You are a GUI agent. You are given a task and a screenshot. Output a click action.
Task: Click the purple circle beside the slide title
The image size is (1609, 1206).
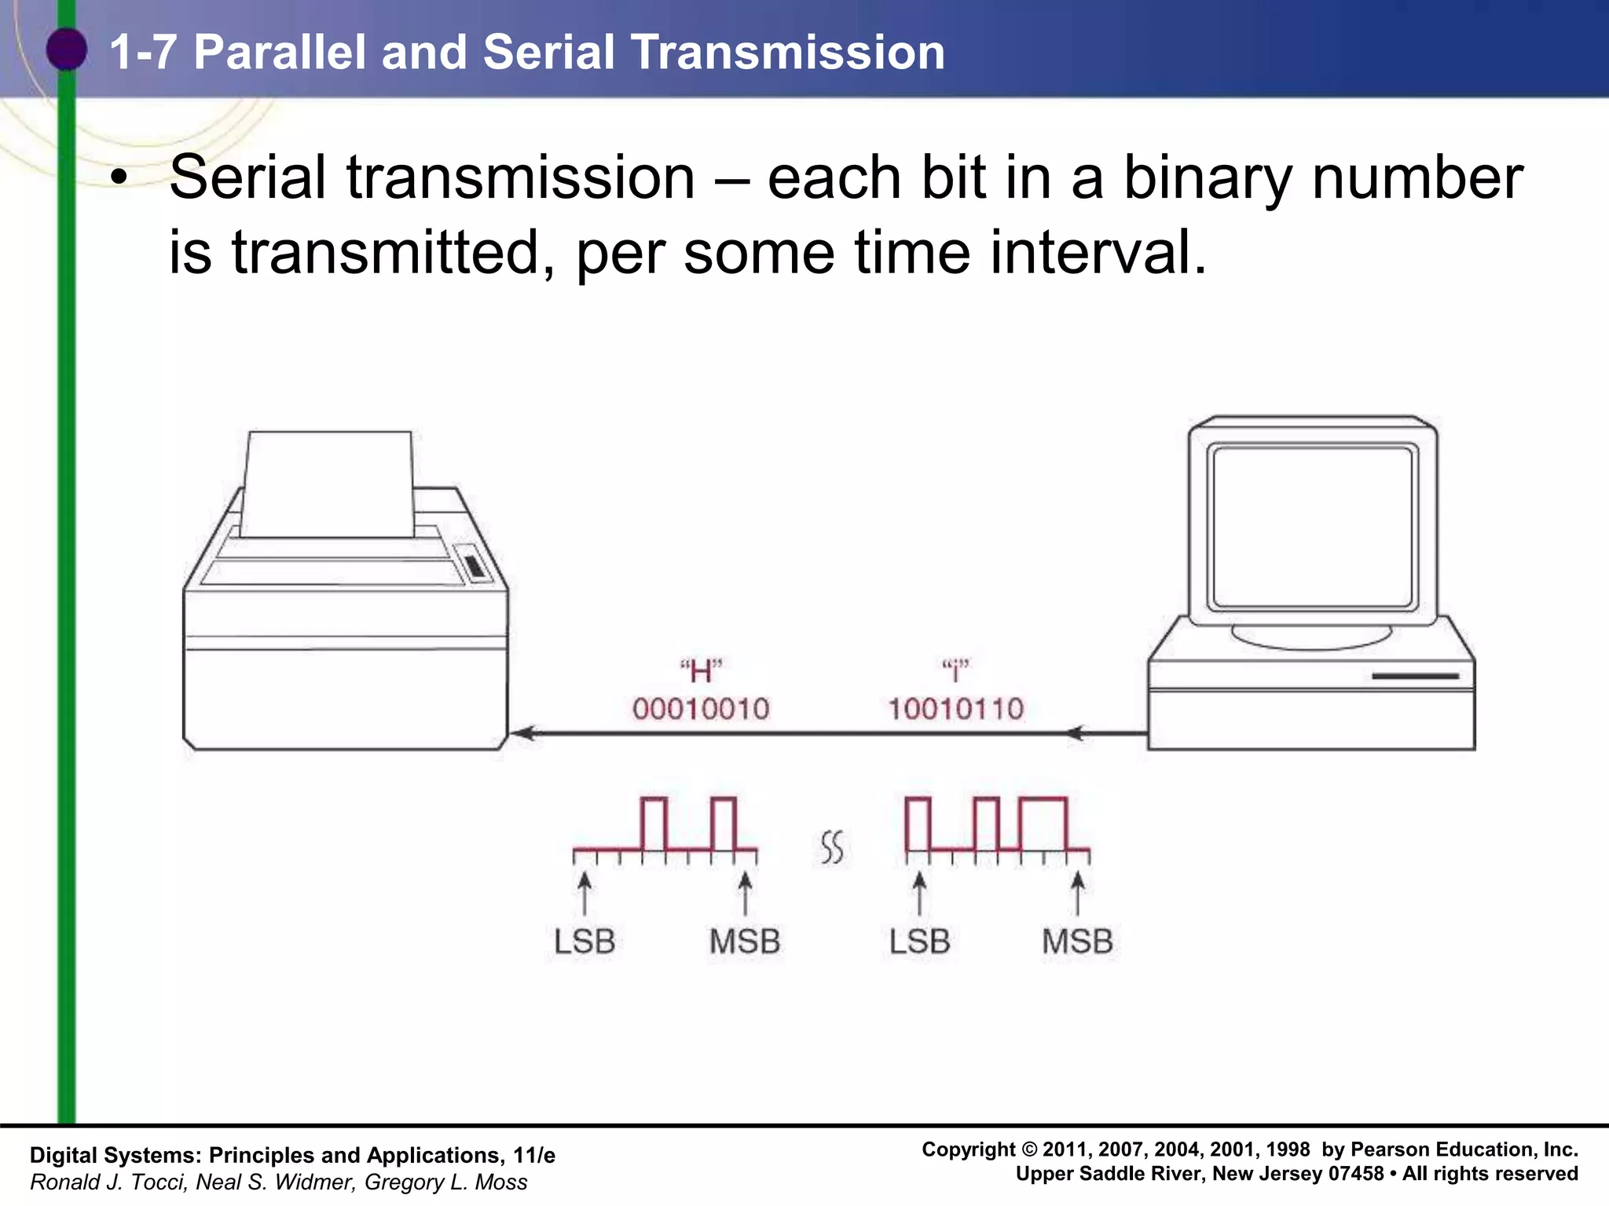coord(66,49)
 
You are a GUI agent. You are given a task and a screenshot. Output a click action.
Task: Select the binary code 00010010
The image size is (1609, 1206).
coord(701,709)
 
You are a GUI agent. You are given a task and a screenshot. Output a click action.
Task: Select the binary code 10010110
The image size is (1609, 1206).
coord(955,709)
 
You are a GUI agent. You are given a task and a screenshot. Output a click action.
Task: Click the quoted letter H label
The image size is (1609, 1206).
coord(701,671)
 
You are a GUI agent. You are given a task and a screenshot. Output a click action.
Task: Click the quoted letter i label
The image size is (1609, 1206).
coord(955,671)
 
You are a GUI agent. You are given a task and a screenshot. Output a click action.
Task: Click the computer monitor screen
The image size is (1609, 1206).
coord(1312,528)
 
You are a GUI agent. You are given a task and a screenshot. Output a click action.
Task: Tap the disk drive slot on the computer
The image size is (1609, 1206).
coord(1415,676)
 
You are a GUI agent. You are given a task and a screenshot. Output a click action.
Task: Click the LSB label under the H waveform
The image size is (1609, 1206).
coord(584,941)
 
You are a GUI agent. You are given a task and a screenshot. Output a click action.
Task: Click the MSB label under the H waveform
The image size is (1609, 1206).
coord(744,941)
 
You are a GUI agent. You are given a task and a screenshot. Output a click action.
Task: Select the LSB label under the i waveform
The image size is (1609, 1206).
coord(919,941)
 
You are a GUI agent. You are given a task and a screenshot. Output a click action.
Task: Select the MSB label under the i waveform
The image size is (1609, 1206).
coord(1077,941)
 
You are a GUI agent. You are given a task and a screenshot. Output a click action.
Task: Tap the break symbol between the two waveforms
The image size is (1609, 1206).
coord(832,847)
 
